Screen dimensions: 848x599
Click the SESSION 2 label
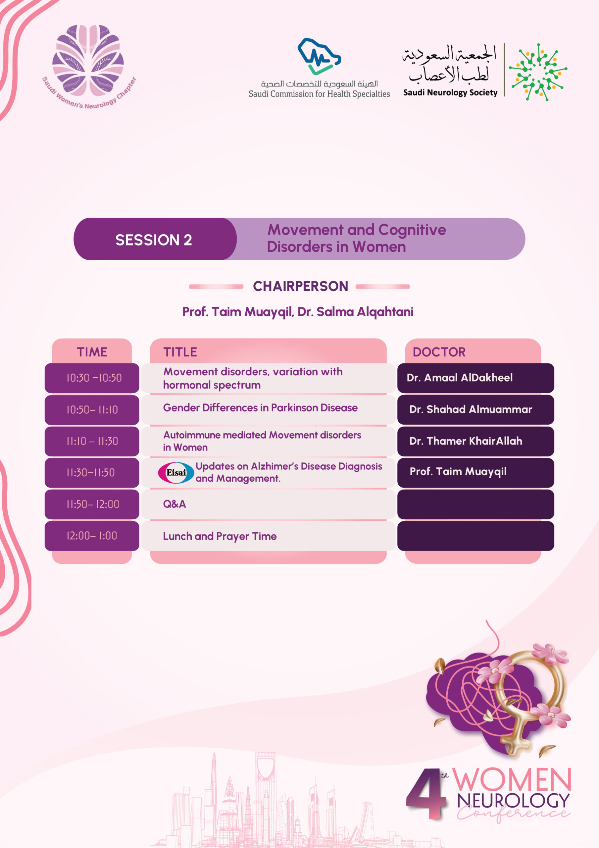point(154,240)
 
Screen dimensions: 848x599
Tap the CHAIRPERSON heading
point(300,286)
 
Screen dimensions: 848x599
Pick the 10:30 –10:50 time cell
point(94,378)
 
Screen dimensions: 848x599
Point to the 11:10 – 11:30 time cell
point(92,441)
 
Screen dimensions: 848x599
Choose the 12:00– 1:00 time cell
point(92,536)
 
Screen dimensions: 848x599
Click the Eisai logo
point(176,472)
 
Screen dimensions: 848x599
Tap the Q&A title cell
point(175,504)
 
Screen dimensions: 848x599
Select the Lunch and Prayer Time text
point(220,536)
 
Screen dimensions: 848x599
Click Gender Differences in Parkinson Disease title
point(260,408)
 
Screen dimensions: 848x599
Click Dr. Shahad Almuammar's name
point(471,409)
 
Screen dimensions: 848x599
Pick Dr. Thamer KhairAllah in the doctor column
point(466,441)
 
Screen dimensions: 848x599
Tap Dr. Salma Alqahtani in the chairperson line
point(355,312)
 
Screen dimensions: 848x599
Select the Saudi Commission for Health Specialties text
point(319,94)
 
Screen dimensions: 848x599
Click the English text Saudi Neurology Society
point(450,93)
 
